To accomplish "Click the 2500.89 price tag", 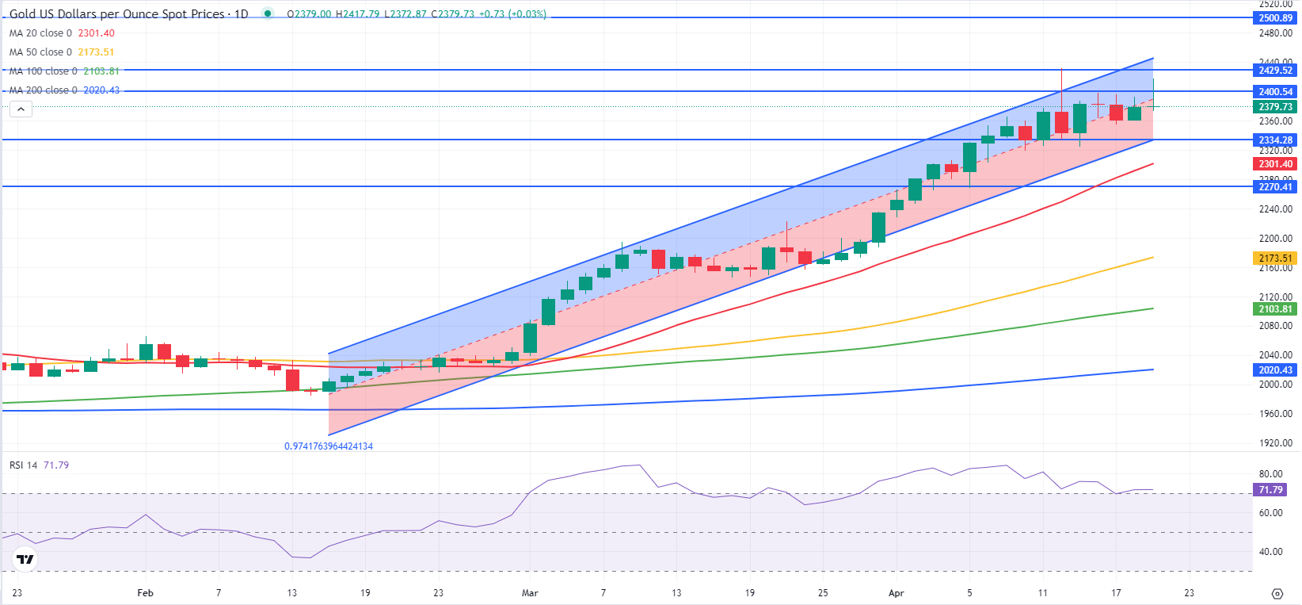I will (1275, 18).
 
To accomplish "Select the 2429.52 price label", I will (1275, 71).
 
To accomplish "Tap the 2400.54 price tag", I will (1275, 92).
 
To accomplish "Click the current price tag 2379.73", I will (1275, 107).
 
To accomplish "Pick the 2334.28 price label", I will (1275, 140).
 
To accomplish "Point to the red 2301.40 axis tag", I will (1275, 164).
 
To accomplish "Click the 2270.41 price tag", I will (1275, 187).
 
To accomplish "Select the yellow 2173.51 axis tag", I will (1275, 258).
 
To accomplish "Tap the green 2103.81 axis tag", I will (1275, 309).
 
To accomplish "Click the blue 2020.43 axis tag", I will (1275, 370).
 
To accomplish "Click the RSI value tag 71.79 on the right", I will (1270, 490).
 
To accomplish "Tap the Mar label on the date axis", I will (530, 593).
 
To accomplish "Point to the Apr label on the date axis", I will (896, 593).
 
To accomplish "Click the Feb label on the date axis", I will (145, 593).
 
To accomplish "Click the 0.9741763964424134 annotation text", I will (329, 446).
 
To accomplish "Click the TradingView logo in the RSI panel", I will (25, 559).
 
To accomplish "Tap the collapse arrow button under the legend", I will (21, 109).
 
